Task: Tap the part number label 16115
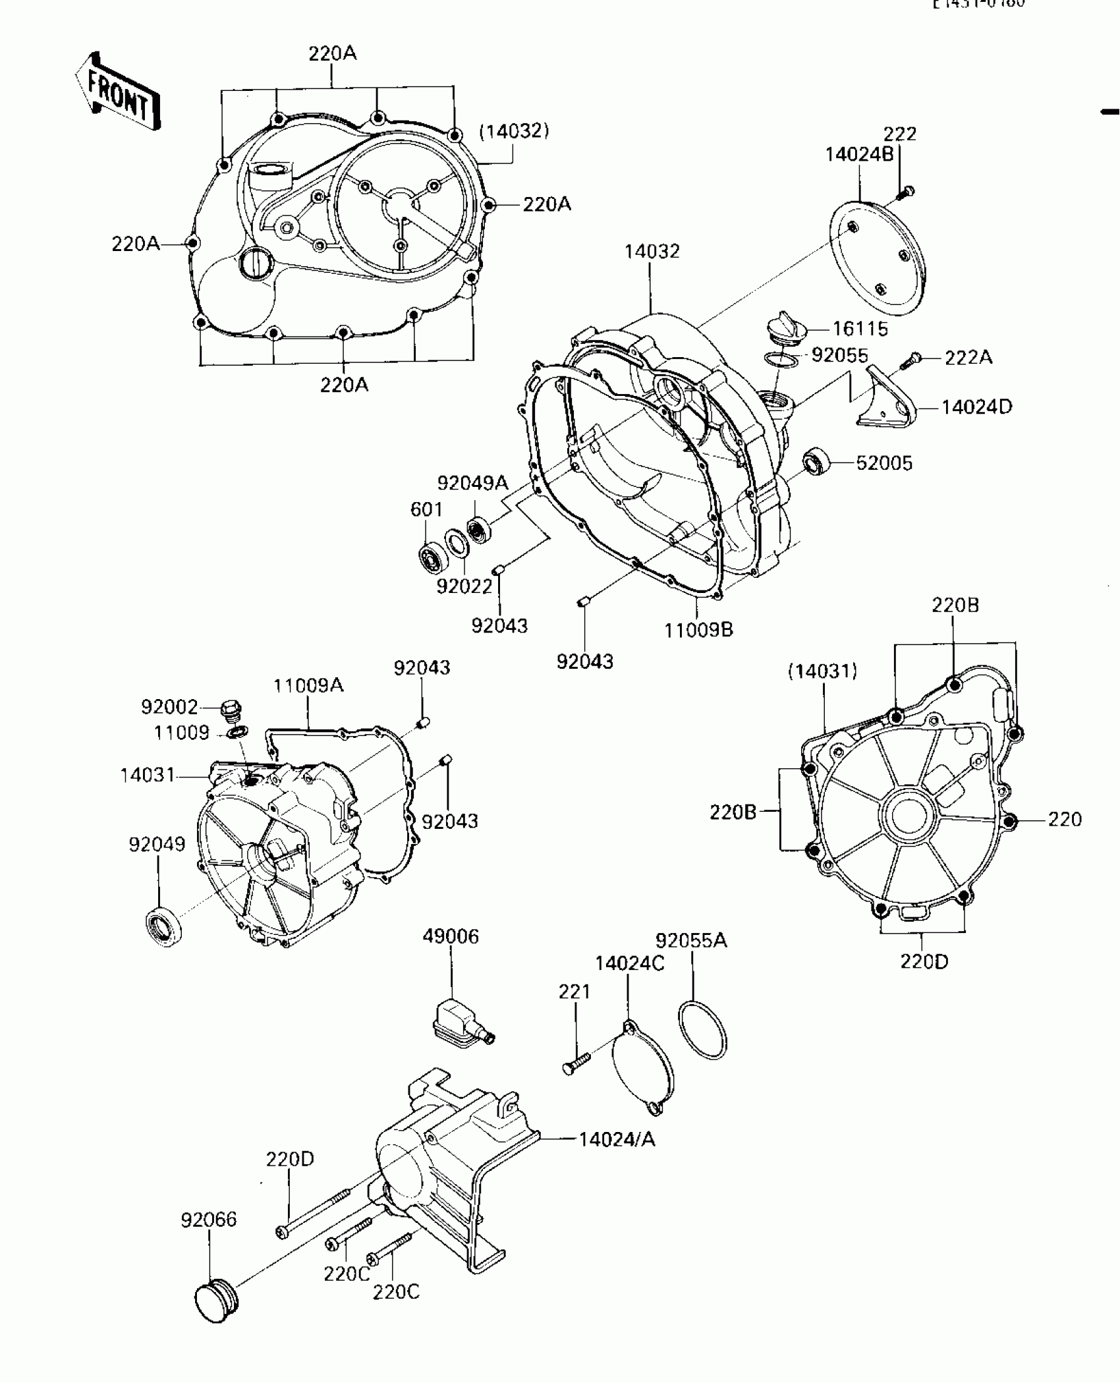click(x=860, y=328)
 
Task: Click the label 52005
click(x=884, y=463)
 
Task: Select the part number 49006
click(x=451, y=936)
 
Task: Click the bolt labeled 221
click(x=576, y=1063)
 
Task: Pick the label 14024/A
click(x=617, y=1139)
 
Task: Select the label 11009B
click(x=698, y=630)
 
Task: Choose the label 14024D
click(x=976, y=407)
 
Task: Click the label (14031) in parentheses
click(x=822, y=671)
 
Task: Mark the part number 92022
click(x=464, y=586)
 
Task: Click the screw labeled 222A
click(x=913, y=360)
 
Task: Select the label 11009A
click(x=308, y=685)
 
